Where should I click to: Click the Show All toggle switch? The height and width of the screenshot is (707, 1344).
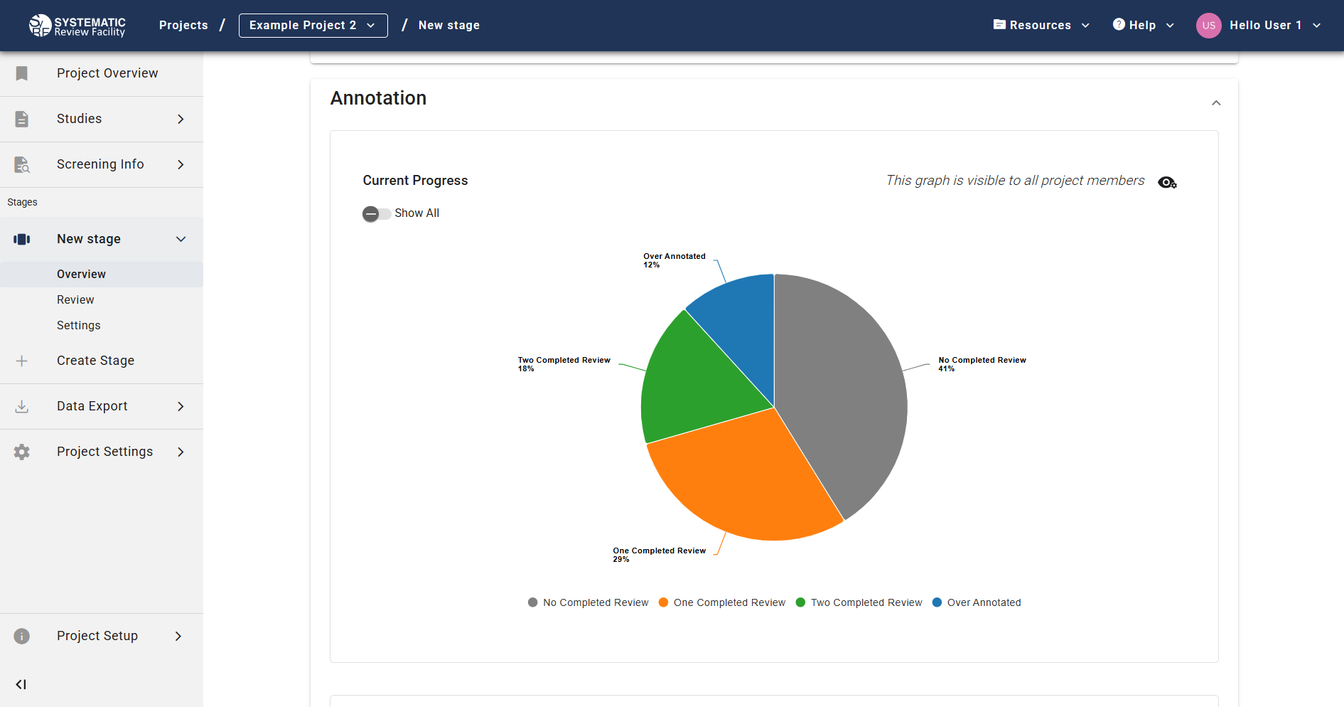click(x=376, y=213)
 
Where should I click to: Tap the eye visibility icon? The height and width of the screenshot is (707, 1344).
click(x=1167, y=183)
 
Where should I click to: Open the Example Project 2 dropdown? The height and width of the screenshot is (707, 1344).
click(x=313, y=26)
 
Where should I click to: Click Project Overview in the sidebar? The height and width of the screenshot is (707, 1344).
click(x=107, y=73)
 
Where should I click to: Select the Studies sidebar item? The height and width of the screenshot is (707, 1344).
click(x=80, y=119)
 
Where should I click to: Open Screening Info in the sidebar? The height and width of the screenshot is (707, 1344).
click(x=100, y=164)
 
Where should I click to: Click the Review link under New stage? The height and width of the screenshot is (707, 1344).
click(x=75, y=300)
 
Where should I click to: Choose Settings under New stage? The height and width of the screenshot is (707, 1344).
click(x=78, y=326)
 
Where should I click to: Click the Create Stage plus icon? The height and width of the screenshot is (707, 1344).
click(x=22, y=361)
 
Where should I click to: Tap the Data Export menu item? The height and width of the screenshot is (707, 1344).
click(x=92, y=406)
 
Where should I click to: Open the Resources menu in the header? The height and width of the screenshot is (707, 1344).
click(x=1041, y=26)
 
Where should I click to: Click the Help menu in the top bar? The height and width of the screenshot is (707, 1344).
click(x=1143, y=26)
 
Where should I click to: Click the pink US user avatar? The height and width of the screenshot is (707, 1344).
click(x=1208, y=26)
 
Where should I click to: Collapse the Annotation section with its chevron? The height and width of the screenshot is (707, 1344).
click(x=1216, y=103)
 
